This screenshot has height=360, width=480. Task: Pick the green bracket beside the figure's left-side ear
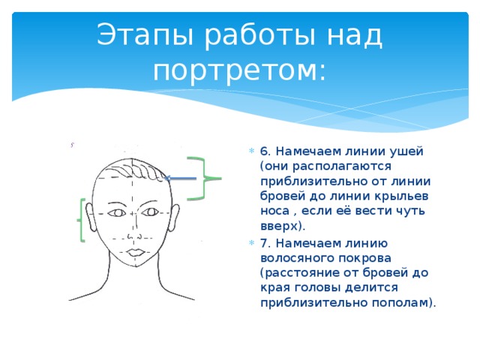click(80, 220)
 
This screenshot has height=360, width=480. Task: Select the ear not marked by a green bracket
click(176, 215)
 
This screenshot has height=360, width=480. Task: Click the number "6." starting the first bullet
click(266, 151)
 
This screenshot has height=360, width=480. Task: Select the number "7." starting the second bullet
click(266, 242)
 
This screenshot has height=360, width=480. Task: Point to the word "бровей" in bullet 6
click(280, 196)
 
